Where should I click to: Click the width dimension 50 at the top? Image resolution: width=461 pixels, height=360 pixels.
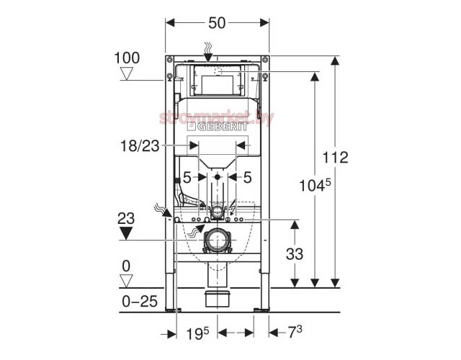(x=218, y=22)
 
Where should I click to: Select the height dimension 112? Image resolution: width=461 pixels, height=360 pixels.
(x=334, y=158)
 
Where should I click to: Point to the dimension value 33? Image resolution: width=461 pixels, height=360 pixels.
(x=294, y=253)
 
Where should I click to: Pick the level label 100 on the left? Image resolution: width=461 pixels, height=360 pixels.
(x=127, y=57)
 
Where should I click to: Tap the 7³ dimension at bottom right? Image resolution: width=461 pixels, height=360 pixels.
(x=295, y=332)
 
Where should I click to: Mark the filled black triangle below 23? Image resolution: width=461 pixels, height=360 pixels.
(x=127, y=233)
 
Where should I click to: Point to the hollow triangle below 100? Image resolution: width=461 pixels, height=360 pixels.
(x=127, y=73)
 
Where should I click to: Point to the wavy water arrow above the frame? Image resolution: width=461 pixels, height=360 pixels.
(x=208, y=51)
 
